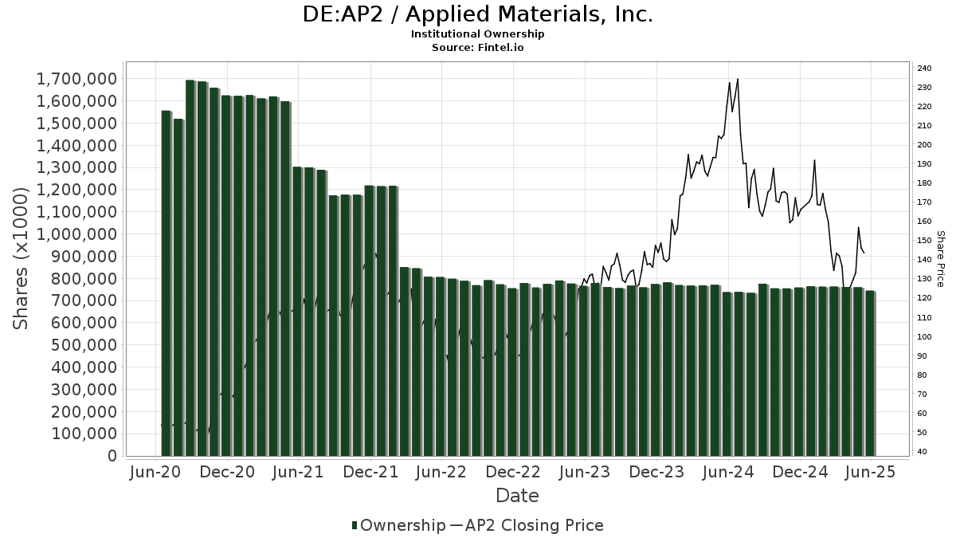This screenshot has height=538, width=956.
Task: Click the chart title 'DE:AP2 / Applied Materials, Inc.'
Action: pos(478,15)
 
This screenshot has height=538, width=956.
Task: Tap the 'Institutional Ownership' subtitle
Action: pos(478,34)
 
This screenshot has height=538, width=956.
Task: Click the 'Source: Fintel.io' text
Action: pos(478,48)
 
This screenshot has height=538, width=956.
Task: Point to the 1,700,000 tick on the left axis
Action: pos(77,79)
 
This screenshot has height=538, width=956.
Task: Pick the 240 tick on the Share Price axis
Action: pos(924,68)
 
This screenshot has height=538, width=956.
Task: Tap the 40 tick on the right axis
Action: pos(922,452)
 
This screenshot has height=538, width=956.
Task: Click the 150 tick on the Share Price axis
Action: pos(924,241)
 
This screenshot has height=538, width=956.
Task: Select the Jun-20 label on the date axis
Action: pos(157,472)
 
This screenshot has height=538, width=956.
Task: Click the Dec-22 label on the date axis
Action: pos(514,472)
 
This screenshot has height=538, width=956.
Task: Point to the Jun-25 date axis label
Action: pos(871,472)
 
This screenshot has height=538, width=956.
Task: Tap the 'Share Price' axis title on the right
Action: pos(940,259)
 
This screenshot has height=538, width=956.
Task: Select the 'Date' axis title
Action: pos(517,496)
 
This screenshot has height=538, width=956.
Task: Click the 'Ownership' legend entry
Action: pos(398,525)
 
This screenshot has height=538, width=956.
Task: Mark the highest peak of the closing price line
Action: pos(738,79)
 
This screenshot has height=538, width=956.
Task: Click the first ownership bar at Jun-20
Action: pos(167,283)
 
